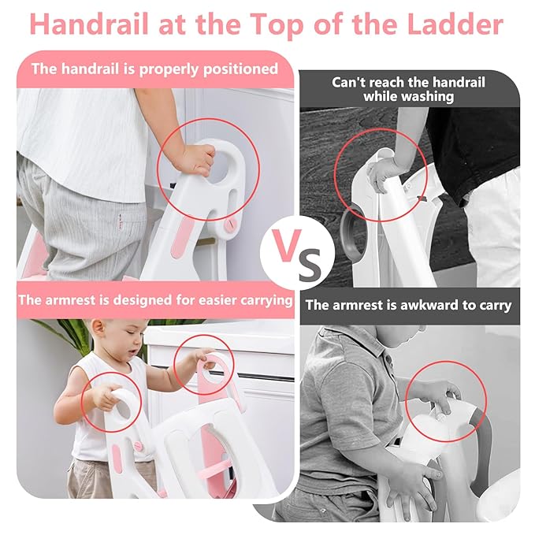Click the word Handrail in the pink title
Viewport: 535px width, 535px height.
coord(89,24)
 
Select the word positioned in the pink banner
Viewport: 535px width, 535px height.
coord(240,69)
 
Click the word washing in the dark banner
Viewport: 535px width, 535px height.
coord(408,97)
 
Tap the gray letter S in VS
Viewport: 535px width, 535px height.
coord(309,263)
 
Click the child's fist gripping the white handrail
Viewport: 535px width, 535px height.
coord(196,159)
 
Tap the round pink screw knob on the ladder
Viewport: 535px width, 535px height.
coord(229,224)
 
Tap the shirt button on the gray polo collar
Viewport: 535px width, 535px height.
coord(388,359)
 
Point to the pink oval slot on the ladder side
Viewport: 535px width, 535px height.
coord(181,238)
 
